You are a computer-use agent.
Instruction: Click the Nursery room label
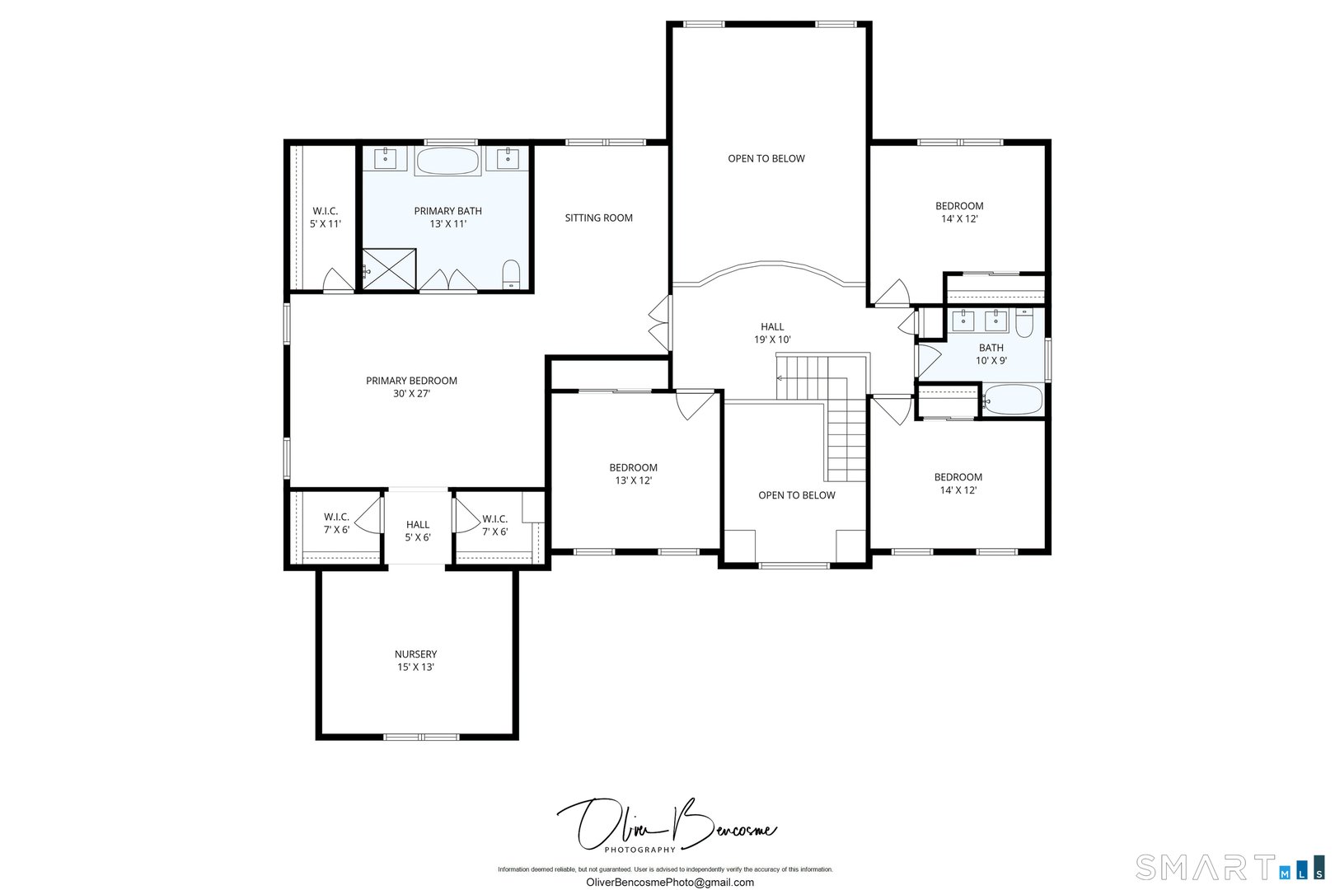click(x=415, y=660)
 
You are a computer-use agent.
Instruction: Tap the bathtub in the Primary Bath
click(x=447, y=161)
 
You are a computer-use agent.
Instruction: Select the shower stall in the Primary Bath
click(x=389, y=269)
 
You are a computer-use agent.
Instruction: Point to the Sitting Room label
click(x=598, y=218)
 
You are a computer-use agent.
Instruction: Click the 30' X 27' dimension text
click(x=411, y=394)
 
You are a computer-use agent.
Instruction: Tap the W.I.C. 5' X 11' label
click(x=325, y=218)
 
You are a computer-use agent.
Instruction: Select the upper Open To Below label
click(x=766, y=159)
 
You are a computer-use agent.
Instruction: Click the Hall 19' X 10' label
click(x=772, y=333)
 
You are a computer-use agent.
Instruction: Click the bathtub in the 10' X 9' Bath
click(x=1012, y=400)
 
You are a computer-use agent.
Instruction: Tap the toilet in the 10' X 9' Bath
click(x=1023, y=322)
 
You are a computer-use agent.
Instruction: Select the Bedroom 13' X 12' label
click(x=633, y=474)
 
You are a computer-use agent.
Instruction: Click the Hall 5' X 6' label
click(x=417, y=531)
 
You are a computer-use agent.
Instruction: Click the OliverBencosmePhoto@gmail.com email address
click(x=669, y=883)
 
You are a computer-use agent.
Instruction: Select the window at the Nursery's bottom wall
click(x=421, y=736)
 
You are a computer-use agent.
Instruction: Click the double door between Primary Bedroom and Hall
click(x=661, y=323)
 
